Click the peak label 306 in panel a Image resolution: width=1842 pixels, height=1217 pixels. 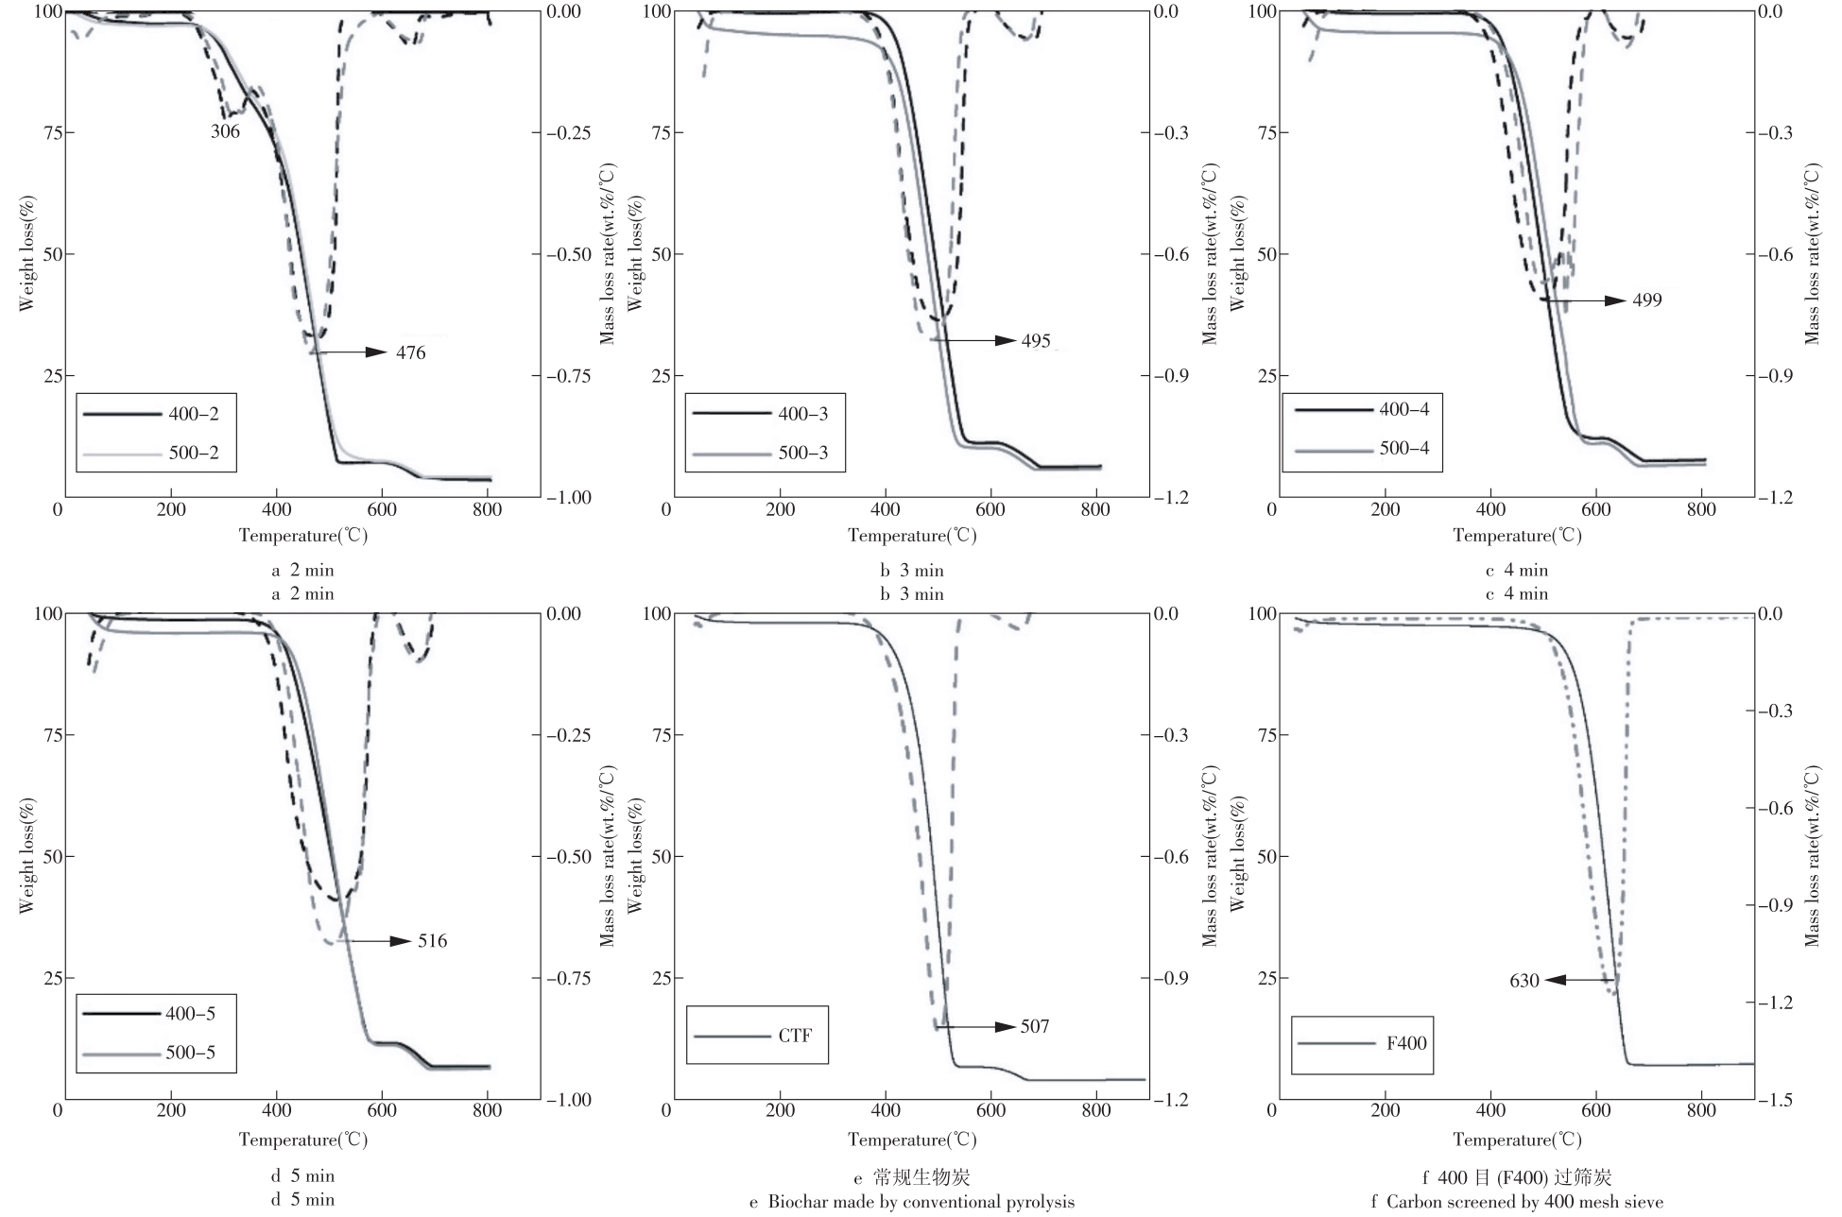click(225, 132)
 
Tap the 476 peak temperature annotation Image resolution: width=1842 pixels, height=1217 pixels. click(410, 353)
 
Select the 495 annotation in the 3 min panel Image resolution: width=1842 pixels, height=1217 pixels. click(1036, 341)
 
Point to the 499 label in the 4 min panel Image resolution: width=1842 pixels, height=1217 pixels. click(1646, 300)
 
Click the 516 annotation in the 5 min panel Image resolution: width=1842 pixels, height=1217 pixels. click(432, 941)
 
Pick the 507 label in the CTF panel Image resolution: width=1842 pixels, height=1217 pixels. click(1034, 1027)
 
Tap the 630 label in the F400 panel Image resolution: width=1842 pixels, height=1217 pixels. click(1524, 981)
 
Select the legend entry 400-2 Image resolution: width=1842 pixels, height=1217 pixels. click(194, 414)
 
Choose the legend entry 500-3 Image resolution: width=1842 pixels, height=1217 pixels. click(802, 454)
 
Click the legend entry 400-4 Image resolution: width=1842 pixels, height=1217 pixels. click(1405, 409)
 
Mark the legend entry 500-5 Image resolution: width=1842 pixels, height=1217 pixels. click(190, 1052)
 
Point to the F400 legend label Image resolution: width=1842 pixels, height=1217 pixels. click(1405, 1044)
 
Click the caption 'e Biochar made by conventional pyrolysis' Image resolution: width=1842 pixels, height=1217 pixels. click(911, 1203)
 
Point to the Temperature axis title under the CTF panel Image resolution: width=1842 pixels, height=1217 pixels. click(911, 1140)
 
